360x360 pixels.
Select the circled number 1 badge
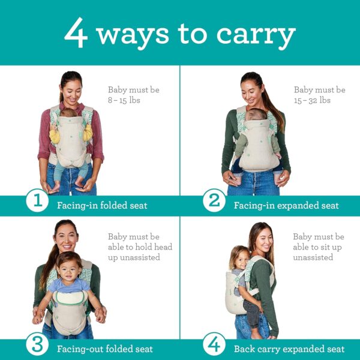click(37, 202)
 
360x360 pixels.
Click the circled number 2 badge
click(214, 202)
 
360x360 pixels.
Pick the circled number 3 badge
click(37, 346)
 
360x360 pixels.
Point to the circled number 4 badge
click(214, 346)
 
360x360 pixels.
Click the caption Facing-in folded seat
click(102, 206)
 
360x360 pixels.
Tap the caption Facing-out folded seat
click(104, 349)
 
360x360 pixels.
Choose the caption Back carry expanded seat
click(289, 349)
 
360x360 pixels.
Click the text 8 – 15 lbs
click(124, 100)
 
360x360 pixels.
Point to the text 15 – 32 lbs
click(312, 100)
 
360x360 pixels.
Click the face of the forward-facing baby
click(71, 265)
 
